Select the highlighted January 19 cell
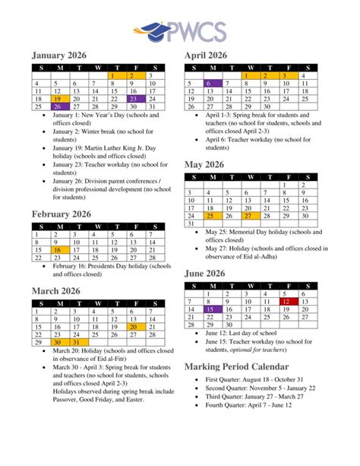tap(57, 99)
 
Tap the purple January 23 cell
tap(133, 99)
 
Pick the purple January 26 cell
tap(57, 107)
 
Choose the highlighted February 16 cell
tap(57, 250)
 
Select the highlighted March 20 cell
tap(133, 327)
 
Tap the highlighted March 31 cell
tap(76, 343)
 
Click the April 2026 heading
tap(206, 55)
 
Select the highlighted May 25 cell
tap(213, 217)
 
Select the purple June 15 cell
tap(213, 310)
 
